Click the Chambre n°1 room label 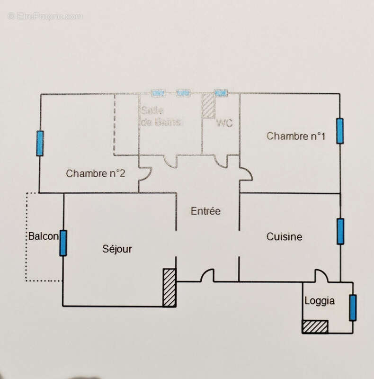click(x=296, y=136)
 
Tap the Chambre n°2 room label click(x=96, y=173)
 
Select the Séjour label click(x=117, y=249)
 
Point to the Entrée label click(x=205, y=211)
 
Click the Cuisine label click(x=284, y=236)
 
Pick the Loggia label click(x=320, y=300)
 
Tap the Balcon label click(x=43, y=236)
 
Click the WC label click(x=224, y=123)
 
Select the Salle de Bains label click(x=160, y=117)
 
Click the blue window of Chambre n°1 click(x=340, y=131)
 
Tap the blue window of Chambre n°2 click(x=40, y=143)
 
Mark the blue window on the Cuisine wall click(x=340, y=231)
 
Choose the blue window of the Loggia click(x=353, y=307)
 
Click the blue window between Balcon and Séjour click(x=63, y=243)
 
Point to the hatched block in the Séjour click(x=169, y=288)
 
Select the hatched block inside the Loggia click(x=315, y=327)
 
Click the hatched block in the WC click(x=208, y=105)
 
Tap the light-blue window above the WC click(x=220, y=93)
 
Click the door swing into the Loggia click(x=321, y=275)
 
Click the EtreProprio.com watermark click(x=45, y=16)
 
